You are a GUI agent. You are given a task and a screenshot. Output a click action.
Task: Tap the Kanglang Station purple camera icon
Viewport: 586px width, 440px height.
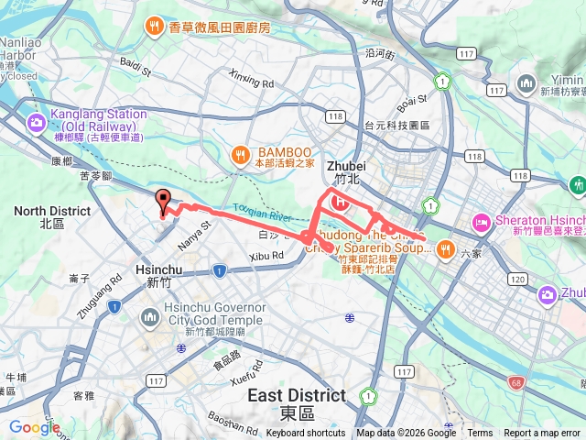click(x=38, y=121)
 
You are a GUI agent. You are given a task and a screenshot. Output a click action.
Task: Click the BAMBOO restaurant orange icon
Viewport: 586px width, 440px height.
click(x=240, y=152)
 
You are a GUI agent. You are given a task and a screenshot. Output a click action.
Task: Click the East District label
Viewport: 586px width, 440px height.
click(x=297, y=396)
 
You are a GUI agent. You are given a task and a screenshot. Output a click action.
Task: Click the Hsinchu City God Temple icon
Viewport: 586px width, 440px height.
click(x=150, y=319)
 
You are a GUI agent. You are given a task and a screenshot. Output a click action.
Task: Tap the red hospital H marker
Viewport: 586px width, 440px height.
click(x=342, y=202)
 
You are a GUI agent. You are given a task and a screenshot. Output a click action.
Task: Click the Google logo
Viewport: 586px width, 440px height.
click(x=35, y=427)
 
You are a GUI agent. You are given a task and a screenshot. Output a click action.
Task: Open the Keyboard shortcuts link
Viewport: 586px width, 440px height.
click(x=306, y=433)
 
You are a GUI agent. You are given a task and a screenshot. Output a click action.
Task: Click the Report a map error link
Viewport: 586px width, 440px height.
click(x=541, y=433)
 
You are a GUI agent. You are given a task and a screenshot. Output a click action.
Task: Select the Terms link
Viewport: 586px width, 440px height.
click(x=480, y=433)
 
